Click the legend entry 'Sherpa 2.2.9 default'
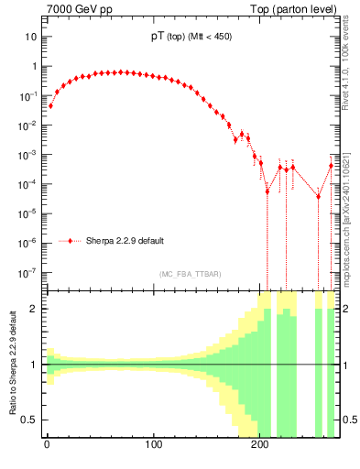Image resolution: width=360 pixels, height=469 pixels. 125,242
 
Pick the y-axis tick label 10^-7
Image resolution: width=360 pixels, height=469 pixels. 27,273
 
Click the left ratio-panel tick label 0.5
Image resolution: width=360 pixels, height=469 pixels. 28,420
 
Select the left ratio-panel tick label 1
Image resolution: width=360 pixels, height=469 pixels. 33,365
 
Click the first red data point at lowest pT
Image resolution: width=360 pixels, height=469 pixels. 50,105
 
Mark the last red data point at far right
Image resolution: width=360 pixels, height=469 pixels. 332,166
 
